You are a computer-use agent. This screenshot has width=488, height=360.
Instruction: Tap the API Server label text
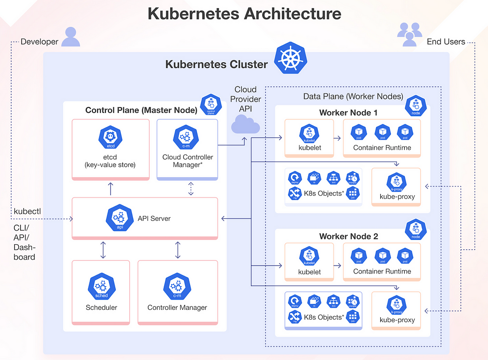[154, 218]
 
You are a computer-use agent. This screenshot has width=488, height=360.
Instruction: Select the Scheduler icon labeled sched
[101, 287]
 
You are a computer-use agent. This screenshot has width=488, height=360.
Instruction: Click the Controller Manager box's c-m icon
[177, 287]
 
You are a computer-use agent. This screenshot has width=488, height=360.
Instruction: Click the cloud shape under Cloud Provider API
[245, 124]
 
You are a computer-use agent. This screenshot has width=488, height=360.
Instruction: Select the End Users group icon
[409, 34]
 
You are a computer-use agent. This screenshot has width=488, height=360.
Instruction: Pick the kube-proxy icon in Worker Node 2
[396, 305]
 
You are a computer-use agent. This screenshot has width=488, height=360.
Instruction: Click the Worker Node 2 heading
[349, 236]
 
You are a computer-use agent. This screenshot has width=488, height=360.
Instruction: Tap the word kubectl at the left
[27, 211]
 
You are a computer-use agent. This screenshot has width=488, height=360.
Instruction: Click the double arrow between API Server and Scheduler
[103, 250]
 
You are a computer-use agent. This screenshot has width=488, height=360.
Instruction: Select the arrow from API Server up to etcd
[110, 189]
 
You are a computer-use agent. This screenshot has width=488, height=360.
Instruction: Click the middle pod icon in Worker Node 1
[382, 132]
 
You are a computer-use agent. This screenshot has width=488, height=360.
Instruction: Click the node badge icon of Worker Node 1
[415, 106]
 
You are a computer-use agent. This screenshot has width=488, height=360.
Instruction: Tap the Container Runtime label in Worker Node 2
[382, 271]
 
